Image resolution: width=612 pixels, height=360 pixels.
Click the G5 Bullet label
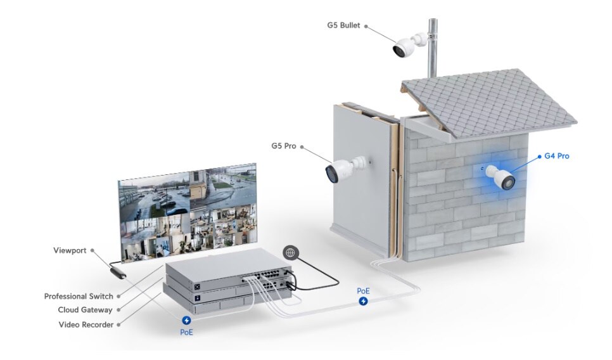343,25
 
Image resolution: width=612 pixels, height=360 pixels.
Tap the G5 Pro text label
283,146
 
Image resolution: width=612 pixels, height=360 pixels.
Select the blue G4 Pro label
557,156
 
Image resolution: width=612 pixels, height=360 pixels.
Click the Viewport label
70,250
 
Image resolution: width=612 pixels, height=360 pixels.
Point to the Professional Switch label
79,296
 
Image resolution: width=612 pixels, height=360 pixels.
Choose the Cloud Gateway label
85,310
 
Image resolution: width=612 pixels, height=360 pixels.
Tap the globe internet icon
291,252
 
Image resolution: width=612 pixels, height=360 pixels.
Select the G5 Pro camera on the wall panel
342,168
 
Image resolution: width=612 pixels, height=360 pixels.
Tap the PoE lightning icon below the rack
186,321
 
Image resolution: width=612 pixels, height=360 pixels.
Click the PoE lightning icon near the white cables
363,301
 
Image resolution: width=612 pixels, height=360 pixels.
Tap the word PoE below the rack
186,332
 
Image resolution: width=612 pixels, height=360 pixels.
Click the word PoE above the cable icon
363,291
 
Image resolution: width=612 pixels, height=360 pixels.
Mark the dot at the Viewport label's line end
92,250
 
